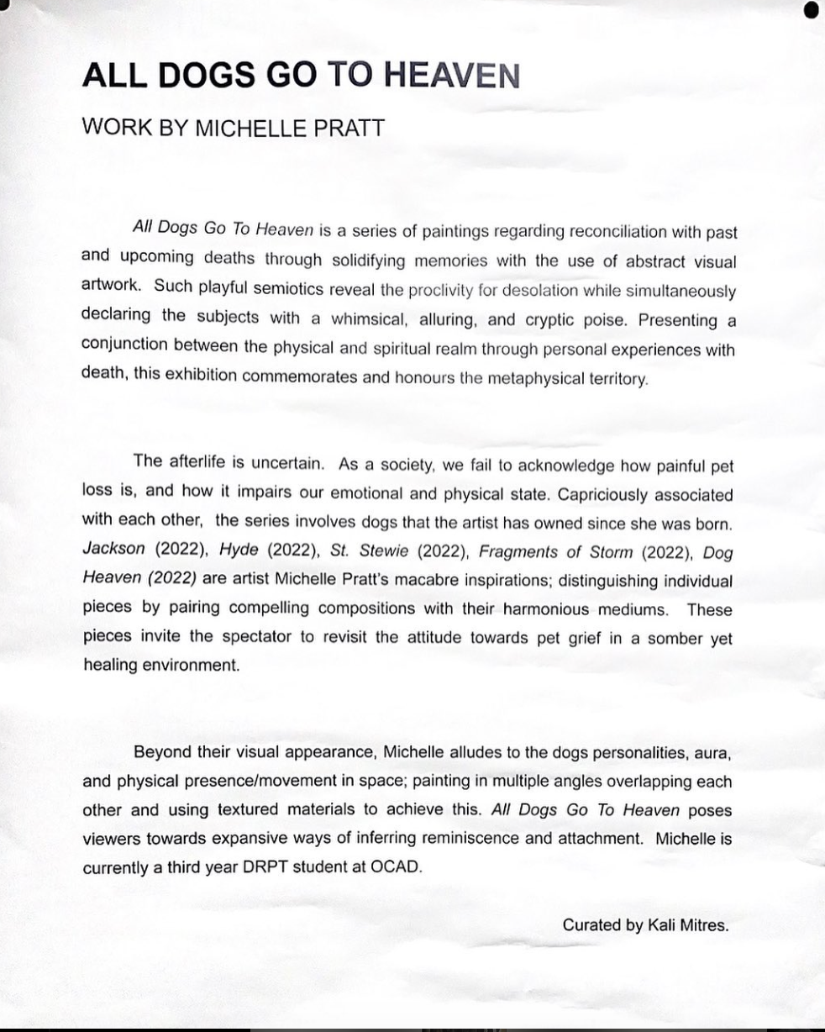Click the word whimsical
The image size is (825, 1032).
coord(369,317)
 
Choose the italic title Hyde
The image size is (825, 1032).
coord(238,551)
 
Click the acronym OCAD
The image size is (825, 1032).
coord(395,867)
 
